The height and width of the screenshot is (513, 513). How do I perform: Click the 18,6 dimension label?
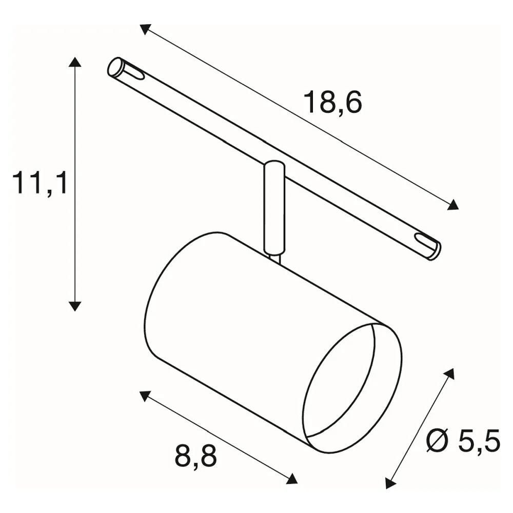pos(333,102)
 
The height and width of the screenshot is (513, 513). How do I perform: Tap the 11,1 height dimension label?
pos(40,184)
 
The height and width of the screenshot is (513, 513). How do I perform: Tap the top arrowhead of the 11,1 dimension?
pos(75,62)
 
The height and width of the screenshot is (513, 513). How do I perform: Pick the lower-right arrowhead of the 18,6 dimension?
pos(453,205)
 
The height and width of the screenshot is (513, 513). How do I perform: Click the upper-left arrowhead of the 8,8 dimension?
pos(145,396)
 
